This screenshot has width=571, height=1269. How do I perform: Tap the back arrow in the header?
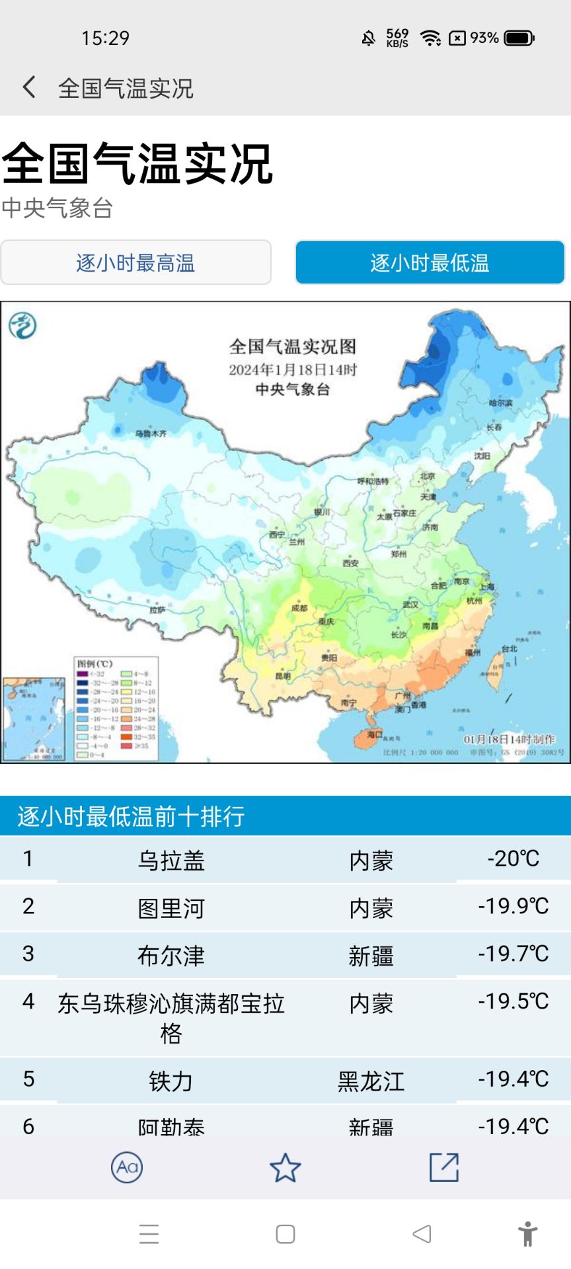(29, 87)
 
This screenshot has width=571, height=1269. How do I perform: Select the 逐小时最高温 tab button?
(135, 263)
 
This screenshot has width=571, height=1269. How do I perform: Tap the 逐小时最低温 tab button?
(430, 263)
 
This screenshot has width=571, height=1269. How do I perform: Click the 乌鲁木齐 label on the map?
(151, 434)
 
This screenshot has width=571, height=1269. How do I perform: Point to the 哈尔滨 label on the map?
(500, 403)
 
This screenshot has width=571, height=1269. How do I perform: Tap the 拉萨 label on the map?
(157, 609)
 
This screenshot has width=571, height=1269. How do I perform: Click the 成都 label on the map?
(299, 607)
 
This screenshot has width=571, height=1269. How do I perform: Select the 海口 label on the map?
(375, 734)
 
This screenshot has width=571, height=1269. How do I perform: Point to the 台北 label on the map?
(509, 648)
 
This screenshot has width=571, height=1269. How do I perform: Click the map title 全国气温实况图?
(293, 346)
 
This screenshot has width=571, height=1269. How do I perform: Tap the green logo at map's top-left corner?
(22, 325)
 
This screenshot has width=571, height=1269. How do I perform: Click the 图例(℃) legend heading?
(95, 664)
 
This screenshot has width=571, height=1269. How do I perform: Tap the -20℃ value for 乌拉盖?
(514, 859)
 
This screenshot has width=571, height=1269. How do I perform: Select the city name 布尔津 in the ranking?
(171, 956)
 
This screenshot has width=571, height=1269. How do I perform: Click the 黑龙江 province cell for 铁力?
(371, 1081)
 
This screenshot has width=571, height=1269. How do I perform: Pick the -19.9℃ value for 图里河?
(514, 906)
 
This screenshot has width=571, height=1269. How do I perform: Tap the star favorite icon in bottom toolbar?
(285, 1168)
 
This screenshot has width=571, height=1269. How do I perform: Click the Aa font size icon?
(127, 1168)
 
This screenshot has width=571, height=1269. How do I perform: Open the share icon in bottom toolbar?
(443, 1168)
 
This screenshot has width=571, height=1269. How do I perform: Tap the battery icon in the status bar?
(519, 38)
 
